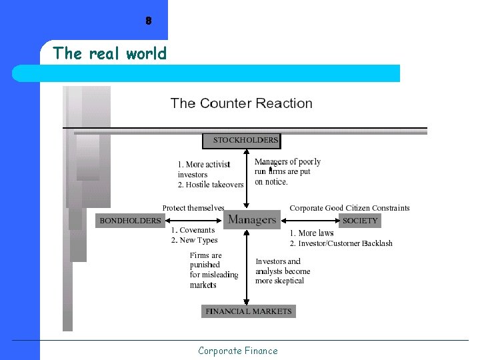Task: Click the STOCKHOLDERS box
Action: click(241, 141)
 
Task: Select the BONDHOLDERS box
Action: click(130, 220)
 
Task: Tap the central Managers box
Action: click(252, 219)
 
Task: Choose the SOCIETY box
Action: click(360, 220)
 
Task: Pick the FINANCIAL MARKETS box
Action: click(248, 311)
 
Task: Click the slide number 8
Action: click(148, 21)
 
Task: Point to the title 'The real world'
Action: click(109, 53)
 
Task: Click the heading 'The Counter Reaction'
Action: click(241, 103)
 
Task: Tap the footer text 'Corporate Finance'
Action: click(237, 351)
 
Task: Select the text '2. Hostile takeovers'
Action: click(211, 185)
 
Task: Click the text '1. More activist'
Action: click(204, 164)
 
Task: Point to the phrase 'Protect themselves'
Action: click(193, 208)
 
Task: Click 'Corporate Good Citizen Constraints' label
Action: click(349, 208)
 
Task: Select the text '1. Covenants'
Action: click(193, 230)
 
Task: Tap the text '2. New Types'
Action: click(194, 240)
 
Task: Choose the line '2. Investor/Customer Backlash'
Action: click(341, 243)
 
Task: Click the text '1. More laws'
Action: click(311, 233)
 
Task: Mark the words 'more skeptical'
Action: click(279, 281)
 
